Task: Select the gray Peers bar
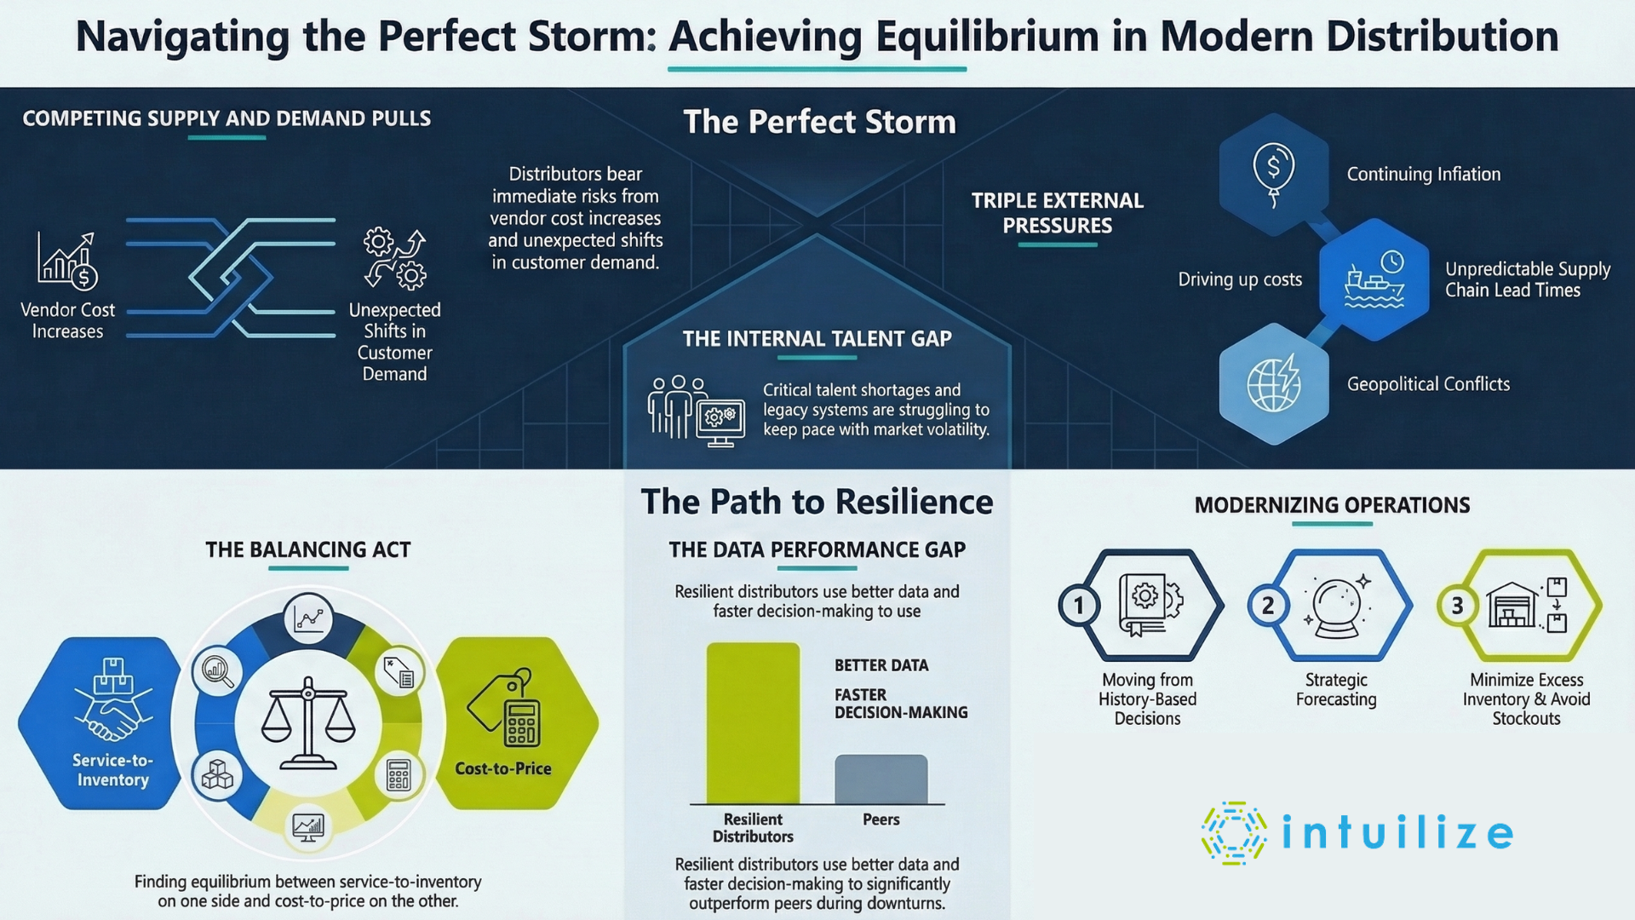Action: (881, 779)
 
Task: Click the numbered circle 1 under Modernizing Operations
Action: (1079, 606)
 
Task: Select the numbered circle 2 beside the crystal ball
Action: (1268, 606)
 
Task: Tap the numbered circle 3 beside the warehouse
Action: (1457, 606)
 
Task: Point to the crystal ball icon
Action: (1337, 607)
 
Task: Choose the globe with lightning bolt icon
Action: (1274, 383)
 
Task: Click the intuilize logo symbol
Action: (1233, 832)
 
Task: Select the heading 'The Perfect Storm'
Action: (819, 122)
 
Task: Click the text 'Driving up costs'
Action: (1240, 279)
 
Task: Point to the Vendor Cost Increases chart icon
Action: (67, 261)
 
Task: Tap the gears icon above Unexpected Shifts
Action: (394, 257)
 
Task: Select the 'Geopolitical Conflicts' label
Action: (1428, 384)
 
